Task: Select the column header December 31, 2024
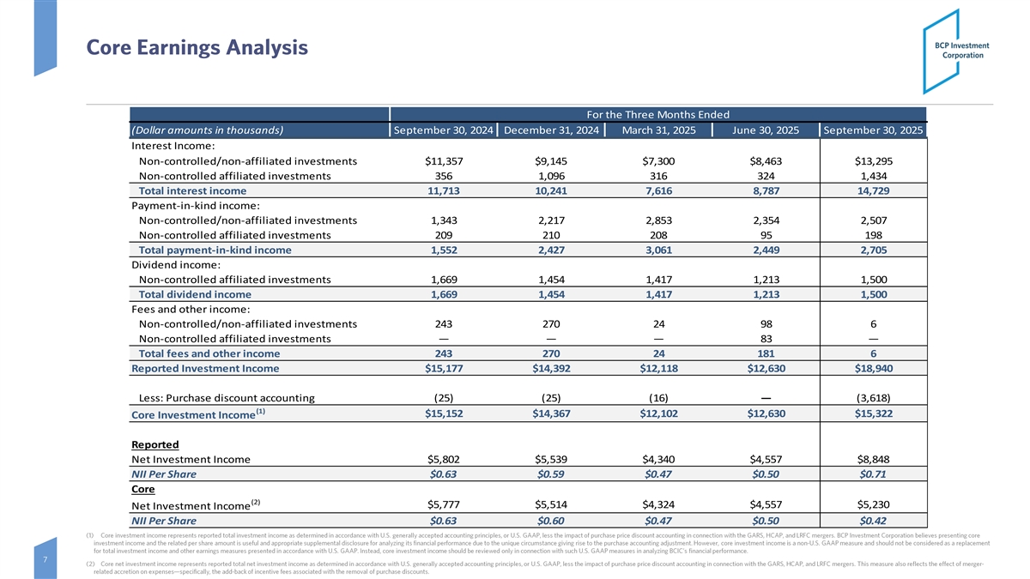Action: [551, 130]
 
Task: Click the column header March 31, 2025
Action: [658, 130]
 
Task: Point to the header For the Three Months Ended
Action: [657, 114]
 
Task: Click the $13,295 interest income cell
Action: [873, 160]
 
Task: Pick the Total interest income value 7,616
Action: [658, 190]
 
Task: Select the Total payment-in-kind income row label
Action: [215, 250]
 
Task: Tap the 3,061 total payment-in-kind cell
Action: [658, 250]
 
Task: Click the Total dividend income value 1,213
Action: [766, 294]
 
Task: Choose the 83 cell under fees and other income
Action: [766, 338]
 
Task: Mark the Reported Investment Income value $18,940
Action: [873, 369]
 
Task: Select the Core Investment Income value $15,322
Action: [873, 414]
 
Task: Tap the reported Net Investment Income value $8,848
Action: [873, 459]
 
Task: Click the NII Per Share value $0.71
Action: [873, 474]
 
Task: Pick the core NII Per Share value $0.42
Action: [873, 520]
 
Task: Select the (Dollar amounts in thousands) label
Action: [207, 130]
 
